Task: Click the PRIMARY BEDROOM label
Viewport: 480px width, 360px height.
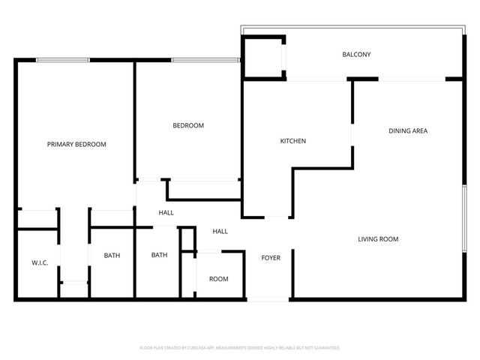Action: (76, 144)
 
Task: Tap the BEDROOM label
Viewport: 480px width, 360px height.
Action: (188, 125)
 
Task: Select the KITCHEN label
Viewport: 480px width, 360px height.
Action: (292, 141)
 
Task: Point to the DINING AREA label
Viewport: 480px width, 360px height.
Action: (408, 130)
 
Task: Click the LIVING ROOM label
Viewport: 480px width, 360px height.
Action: (377, 239)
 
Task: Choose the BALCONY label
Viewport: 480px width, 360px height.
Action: (356, 54)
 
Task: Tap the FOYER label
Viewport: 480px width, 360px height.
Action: (271, 258)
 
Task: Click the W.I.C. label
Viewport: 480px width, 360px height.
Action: (40, 262)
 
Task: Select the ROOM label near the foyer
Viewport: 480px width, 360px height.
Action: (218, 279)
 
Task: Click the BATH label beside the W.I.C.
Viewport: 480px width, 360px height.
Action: (112, 256)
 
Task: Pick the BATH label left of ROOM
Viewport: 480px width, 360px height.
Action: (159, 255)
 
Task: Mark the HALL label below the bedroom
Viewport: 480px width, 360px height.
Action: (166, 213)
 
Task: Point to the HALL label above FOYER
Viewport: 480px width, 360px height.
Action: (220, 231)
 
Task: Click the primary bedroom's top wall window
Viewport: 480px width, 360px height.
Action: (63, 60)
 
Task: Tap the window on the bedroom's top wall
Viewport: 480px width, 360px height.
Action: (205, 60)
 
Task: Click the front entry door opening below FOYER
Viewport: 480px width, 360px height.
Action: (268, 299)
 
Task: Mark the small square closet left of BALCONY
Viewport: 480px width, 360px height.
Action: (263, 56)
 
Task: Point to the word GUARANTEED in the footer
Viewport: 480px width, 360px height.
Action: (324, 348)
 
